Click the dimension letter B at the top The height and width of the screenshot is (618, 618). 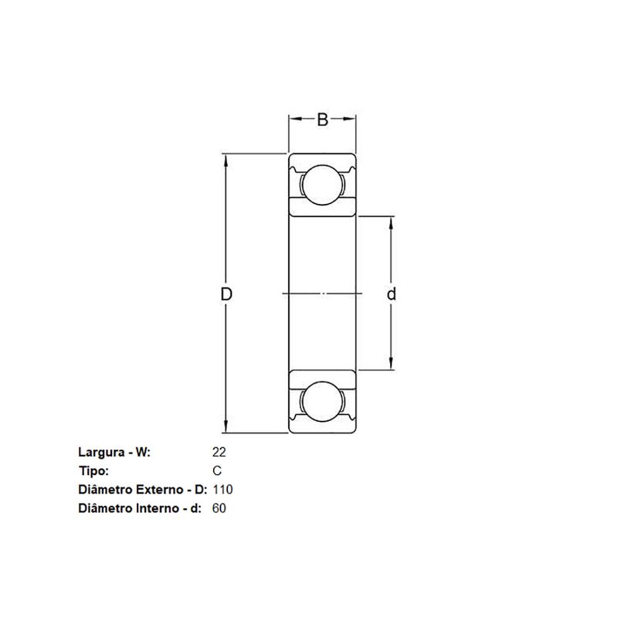(x=323, y=119)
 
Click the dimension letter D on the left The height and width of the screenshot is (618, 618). (x=226, y=294)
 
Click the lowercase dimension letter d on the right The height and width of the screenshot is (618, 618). (x=392, y=294)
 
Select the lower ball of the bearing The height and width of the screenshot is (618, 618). (x=322, y=402)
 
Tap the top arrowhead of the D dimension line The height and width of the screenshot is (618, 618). (x=226, y=158)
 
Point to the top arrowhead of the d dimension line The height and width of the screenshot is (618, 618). (x=392, y=222)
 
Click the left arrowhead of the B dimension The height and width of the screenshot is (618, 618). (x=294, y=119)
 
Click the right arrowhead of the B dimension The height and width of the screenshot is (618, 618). (x=351, y=119)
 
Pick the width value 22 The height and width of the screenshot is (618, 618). (x=218, y=453)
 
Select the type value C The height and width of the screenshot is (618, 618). (x=217, y=471)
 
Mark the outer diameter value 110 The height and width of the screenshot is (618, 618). (x=222, y=490)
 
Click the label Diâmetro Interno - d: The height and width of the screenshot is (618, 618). (x=141, y=508)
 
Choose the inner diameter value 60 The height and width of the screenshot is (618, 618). (x=219, y=508)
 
